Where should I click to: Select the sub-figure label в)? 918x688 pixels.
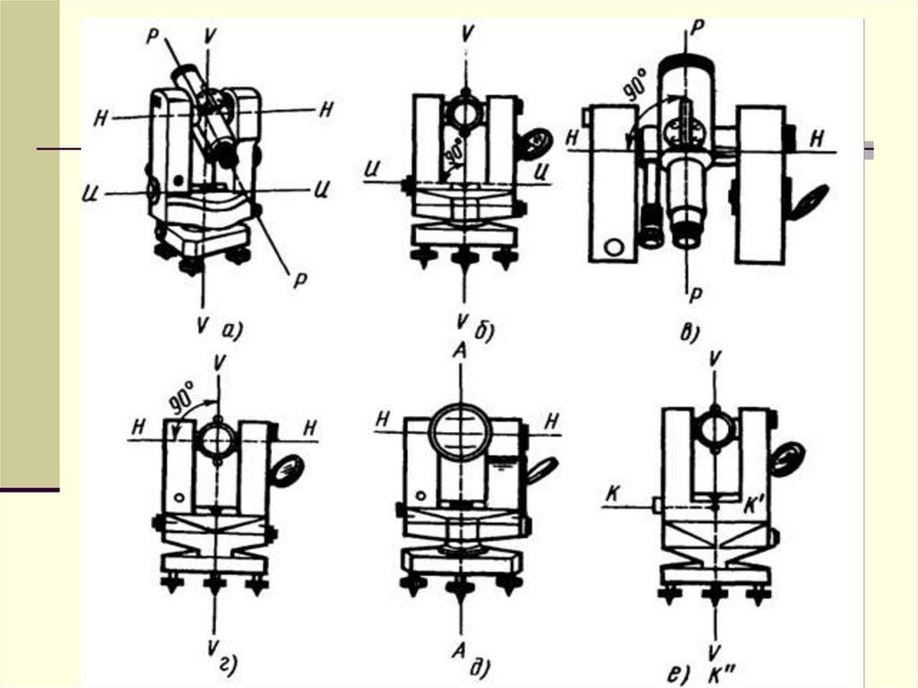point(689,334)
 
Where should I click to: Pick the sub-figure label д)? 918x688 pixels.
point(481,666)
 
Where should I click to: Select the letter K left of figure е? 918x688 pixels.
point(612,493)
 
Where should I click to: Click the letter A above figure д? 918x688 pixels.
point(461,351)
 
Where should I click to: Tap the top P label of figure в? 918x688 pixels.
point(697,27)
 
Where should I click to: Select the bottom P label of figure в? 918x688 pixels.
point(695,295)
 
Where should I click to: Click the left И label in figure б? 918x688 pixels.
point(373,170)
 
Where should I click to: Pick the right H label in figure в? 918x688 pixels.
point(816,139)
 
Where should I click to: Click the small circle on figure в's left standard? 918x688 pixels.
point(614,248)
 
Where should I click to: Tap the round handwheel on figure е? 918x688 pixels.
point(788,459)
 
